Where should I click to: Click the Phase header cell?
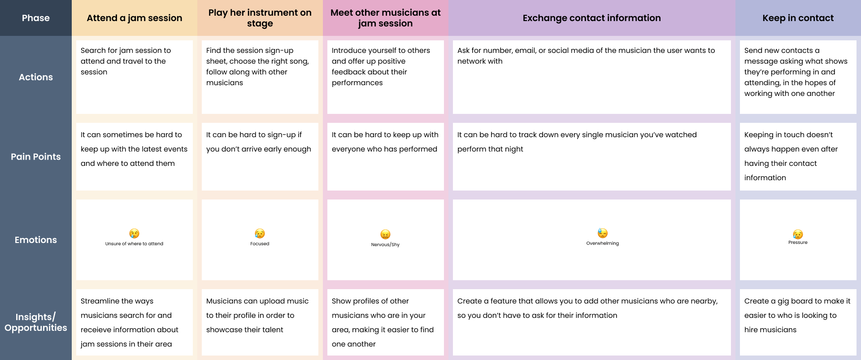coord(36,18)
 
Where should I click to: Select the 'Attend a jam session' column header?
coord(135,18)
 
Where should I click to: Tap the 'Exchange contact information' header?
coord(591,18)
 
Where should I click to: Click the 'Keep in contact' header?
coord(798,18)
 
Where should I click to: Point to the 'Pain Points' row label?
coord(36,156)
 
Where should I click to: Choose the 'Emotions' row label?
coord(36,240)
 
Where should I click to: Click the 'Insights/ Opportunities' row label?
coord(36,322)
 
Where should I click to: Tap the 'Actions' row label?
coord(36,77)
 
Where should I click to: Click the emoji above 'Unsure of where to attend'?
coord(134,234)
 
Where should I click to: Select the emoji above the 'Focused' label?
coord(260,234)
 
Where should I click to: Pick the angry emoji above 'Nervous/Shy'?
coord(385,234)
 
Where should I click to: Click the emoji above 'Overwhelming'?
coord(602,233)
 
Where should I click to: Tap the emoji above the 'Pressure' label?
coord(798,234)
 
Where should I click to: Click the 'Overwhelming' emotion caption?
coord(602,243)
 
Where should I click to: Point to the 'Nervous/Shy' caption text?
coord(385,245)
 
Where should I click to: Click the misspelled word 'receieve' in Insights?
coord(95,330)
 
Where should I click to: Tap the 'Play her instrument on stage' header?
coord(260,18)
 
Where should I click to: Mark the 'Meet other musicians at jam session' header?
coord(386,18)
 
